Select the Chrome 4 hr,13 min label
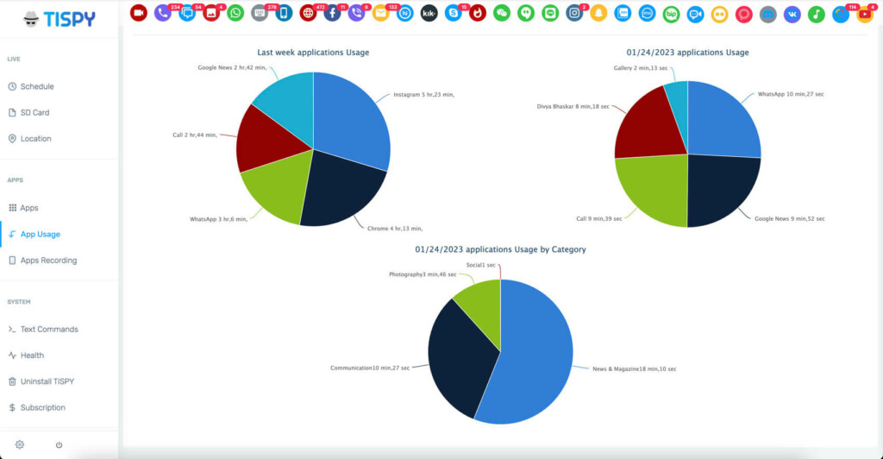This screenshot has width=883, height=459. [395, 229]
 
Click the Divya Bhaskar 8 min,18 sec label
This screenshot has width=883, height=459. [573, 106]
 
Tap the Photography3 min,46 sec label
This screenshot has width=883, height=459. [422, 274]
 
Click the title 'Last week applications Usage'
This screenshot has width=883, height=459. [313, 53]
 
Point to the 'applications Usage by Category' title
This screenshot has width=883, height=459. [500, 249]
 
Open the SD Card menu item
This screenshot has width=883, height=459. [34, 112]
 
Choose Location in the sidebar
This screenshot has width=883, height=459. [35, 138]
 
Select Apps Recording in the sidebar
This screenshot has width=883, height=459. [48, 260]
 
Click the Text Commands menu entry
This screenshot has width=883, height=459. [49, 329]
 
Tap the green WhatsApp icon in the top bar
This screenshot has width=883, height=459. [235, 13]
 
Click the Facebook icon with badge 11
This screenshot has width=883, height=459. [332, 13]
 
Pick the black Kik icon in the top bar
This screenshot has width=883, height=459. [429, 13]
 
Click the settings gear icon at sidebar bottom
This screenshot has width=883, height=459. [20, 444]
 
